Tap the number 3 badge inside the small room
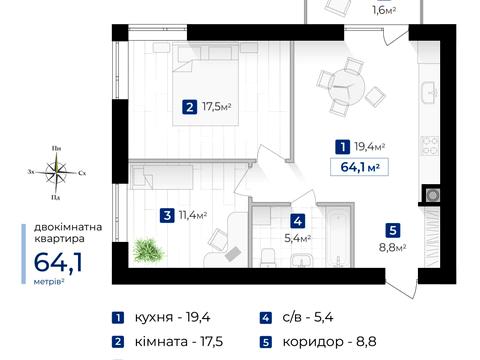pos(167,214)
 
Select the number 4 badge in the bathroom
pos(298,222)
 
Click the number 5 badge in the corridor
pos(394,228)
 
